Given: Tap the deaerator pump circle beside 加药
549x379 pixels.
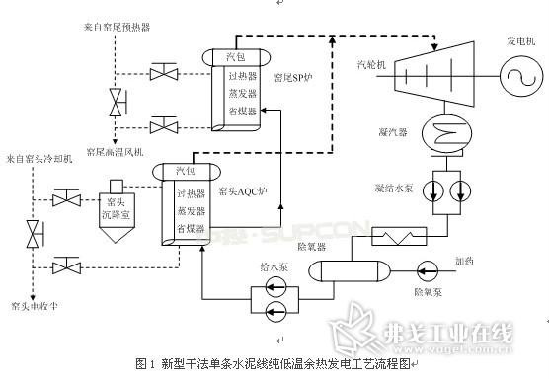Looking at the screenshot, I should tap(427, 267).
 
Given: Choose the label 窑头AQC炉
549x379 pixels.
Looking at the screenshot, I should tap(242, 190).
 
